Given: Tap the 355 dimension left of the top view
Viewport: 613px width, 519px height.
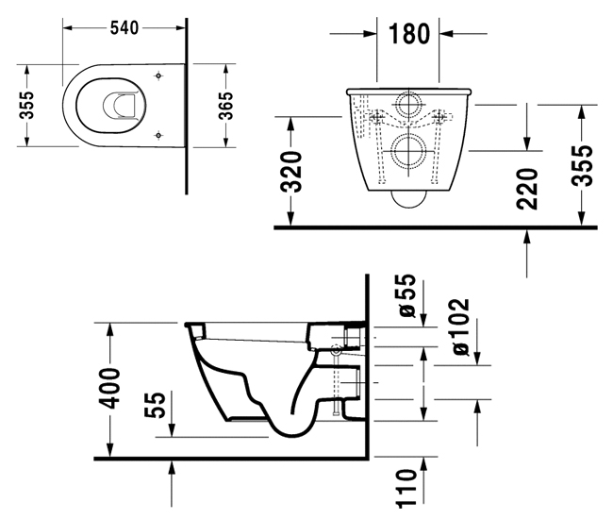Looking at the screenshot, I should [x=27, y=105].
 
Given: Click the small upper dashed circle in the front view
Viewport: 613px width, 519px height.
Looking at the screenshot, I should [x=409, y=106].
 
